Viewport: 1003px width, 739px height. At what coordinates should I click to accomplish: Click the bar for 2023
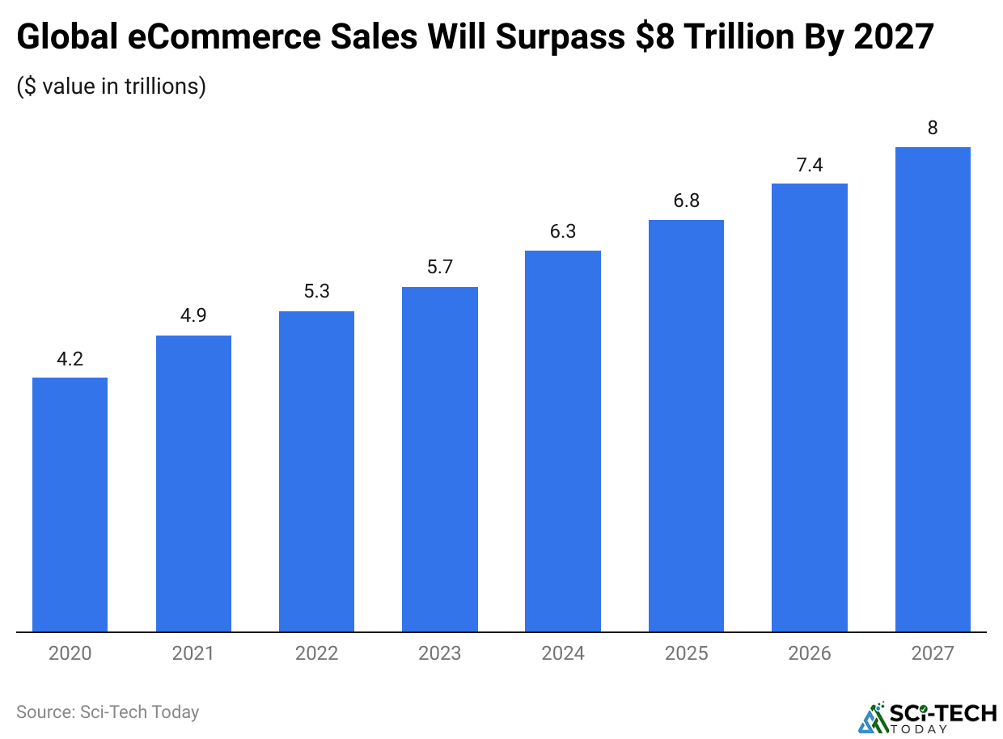coord(440,458)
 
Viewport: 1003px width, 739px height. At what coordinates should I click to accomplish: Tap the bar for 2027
coord(933,389)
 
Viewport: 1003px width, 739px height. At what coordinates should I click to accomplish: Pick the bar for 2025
coord(686,425)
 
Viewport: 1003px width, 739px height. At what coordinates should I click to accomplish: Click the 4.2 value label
coord(70,358)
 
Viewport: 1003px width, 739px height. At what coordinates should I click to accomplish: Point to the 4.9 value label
coord(193,315)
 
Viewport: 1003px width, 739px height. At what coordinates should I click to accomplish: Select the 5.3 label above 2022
coord(316,291)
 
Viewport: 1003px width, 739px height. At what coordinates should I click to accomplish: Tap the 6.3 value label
coord(563,231)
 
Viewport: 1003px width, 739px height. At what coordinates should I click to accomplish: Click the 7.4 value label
coord(810,164)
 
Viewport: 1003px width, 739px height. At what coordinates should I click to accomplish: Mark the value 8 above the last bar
coord(933,128)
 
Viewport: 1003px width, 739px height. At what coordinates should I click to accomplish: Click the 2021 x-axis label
coord(193,653)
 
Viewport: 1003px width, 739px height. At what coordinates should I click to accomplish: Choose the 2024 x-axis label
coord(563,653)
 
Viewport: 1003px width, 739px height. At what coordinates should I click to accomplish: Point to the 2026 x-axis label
coord(810,653)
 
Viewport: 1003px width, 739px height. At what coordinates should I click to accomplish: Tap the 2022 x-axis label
coord(316,653)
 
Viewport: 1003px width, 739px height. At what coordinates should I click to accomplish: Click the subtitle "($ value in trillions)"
coord(111,86)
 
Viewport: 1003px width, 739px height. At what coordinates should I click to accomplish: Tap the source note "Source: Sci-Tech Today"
coord(108,712)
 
